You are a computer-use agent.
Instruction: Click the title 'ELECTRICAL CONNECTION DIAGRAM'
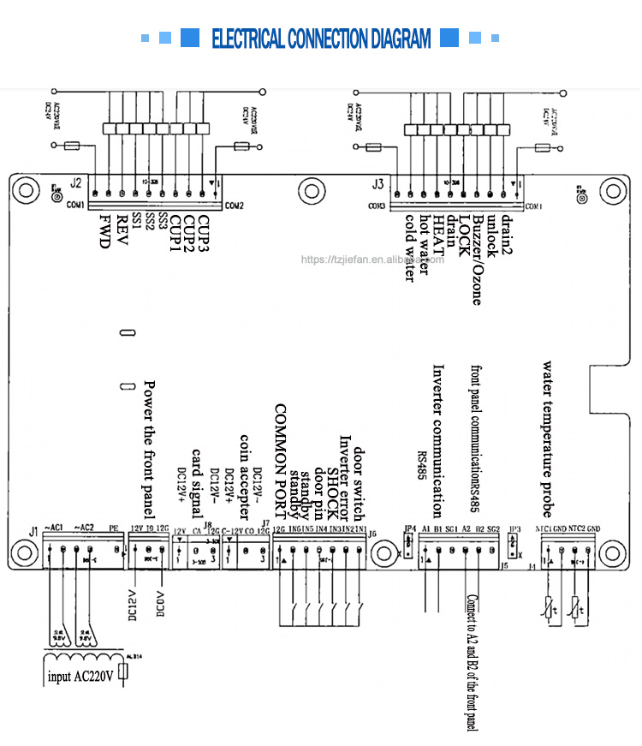click(321, 39)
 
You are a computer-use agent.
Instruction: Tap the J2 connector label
click(76, 183)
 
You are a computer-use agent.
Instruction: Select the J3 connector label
click(377, 183)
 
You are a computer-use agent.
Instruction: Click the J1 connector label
click(34, 531)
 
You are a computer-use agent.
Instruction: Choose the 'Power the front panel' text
click(149, 449)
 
